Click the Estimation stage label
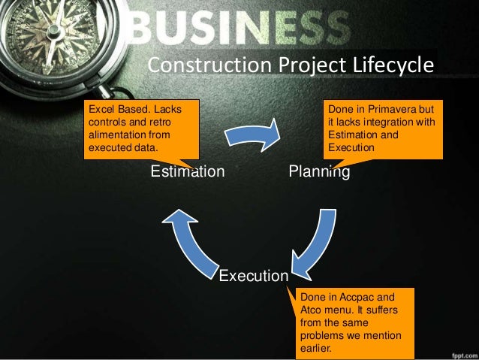tap(187, 172)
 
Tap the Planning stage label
tap(319, 172)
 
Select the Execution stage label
tap(253, 276)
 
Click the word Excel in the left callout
tap(101, 110)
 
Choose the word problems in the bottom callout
tap(321, 335)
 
